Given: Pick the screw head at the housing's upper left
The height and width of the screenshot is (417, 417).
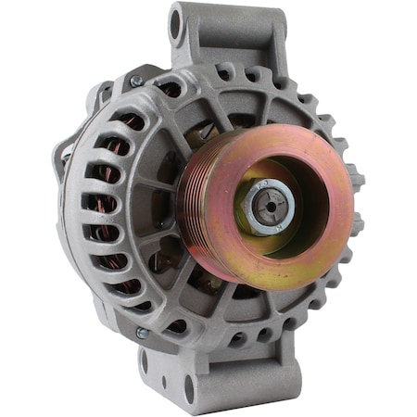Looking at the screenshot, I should (135, 82).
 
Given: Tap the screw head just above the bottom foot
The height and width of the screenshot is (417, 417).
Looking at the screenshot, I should (143, 333).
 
